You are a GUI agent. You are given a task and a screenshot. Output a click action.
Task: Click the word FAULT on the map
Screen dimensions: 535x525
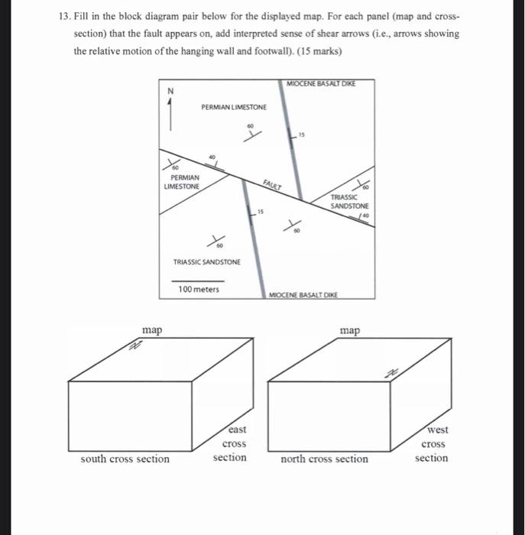(272, 184)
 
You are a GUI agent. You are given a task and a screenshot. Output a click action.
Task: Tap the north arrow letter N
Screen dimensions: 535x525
(170, 91)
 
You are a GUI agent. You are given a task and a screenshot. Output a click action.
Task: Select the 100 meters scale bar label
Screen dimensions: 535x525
(198, 289)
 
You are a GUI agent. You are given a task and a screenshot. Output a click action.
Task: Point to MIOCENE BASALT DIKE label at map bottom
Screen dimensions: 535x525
(303, 295)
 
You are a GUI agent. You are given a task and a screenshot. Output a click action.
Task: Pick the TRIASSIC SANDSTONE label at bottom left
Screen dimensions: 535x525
(206, 262)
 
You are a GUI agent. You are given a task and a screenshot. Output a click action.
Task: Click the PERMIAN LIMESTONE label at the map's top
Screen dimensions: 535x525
(234, 107)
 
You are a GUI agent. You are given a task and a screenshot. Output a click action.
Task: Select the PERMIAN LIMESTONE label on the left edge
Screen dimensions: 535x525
(181, 181)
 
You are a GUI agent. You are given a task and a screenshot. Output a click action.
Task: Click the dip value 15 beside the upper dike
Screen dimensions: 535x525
(302, 135)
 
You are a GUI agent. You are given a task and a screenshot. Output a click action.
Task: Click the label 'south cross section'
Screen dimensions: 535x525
(125, 459)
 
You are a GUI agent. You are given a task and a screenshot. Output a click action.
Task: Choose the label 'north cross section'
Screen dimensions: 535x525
(324, 459)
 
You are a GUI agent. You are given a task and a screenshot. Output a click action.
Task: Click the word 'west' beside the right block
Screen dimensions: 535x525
(433, 430)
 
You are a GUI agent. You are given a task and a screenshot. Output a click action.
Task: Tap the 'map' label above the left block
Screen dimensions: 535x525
(152, 329)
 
